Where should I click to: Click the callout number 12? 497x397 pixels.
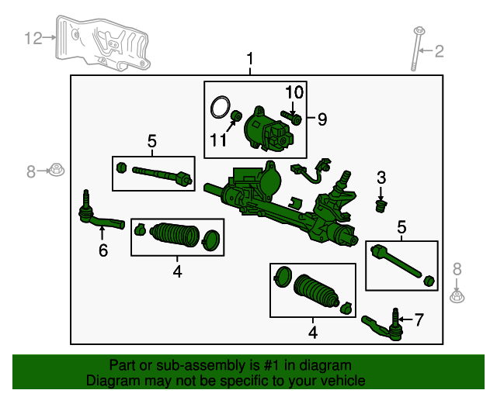(33, 38)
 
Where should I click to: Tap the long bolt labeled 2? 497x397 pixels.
(416, 49)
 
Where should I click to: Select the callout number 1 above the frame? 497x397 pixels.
(250, 59)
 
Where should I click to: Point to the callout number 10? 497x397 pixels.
(294, 92)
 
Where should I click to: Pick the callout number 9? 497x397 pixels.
(322, 119)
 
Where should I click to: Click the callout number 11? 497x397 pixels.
(218, 140)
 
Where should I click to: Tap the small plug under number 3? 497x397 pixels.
(381, 206)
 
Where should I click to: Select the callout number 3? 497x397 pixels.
(381, 178)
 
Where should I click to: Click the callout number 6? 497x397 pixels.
(103, 250)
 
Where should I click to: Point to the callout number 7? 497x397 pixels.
(419, 319)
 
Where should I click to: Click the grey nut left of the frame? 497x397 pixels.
(56, 170)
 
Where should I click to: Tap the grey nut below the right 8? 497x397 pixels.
(457, 297)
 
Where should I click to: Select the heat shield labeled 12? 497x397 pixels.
(102, 43)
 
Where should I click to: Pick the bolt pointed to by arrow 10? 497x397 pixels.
(291, 117)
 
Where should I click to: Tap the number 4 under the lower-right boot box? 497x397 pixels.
(313, 333)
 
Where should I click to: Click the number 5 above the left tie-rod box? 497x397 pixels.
(152, 141)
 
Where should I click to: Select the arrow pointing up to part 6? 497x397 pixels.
(102, 233)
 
